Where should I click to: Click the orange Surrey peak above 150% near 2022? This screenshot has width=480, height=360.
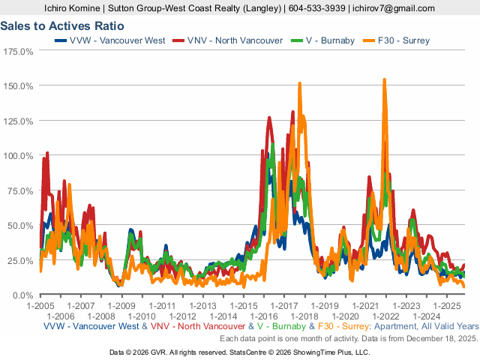[385, 79]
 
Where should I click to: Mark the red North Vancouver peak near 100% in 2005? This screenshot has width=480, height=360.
[47, 153]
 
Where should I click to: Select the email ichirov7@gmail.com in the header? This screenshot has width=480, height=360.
[393, 8]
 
